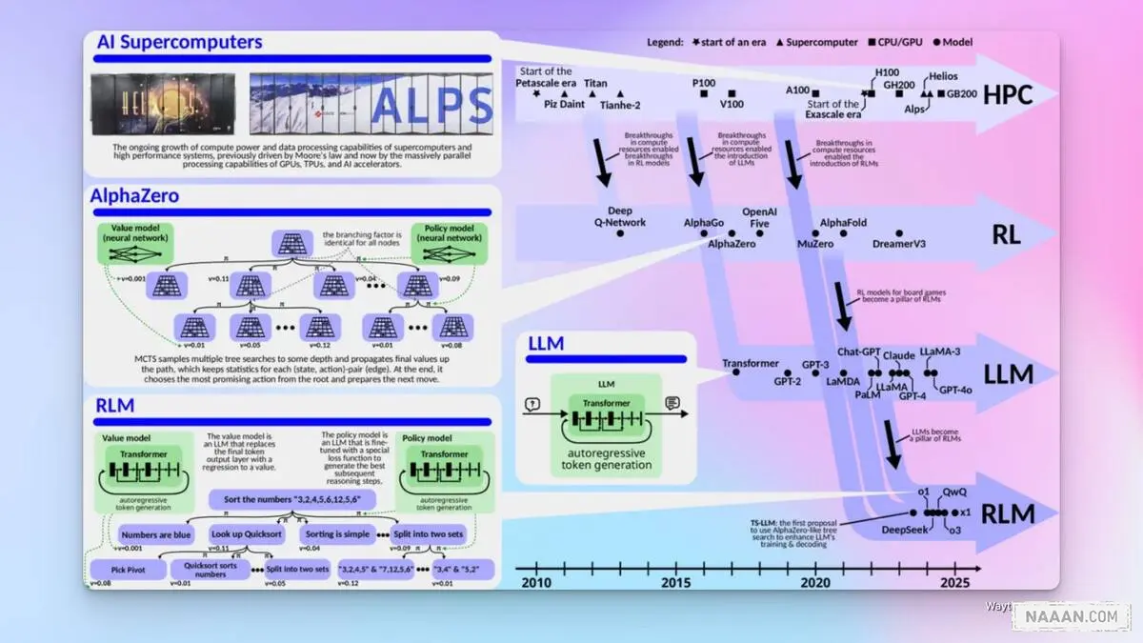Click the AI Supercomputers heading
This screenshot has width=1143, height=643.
(179, 42)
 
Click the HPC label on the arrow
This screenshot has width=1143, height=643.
(1008, 95)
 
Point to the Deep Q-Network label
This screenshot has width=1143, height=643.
(619, 216)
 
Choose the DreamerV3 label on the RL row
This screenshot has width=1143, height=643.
(898, 244)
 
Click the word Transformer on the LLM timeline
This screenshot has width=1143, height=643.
(751, 364)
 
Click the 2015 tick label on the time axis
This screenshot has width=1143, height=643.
(676, 582)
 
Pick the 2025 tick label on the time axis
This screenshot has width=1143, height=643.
(953, 582)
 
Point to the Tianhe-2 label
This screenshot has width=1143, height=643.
(619, 105)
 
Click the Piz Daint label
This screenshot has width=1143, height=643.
(564, 105)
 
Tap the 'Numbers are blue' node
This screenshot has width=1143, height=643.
(155, 534)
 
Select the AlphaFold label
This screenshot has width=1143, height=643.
(843, 223)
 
